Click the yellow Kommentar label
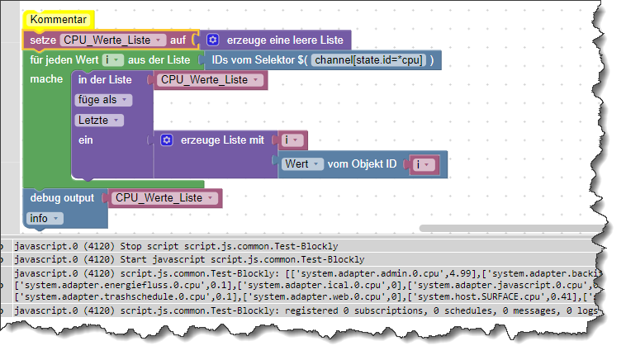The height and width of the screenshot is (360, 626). [x=58, y=19]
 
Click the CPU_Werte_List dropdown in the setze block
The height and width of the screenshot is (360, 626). [x=113, y=40]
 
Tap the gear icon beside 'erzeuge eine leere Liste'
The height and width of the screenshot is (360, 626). [x=212, y=40]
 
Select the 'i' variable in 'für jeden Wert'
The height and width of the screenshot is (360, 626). [x=113, y=60]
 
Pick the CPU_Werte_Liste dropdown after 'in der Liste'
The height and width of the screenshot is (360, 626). [x=207, y=79]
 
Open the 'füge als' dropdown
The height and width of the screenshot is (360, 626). [x=102, y=100]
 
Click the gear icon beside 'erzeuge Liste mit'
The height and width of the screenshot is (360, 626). [x=166, y=140]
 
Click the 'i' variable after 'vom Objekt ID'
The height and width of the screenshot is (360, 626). [x=423, y=164]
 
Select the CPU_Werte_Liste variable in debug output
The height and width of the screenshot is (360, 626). [x=162, y=198]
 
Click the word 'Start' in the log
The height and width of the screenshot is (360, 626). [x=135, y=259]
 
